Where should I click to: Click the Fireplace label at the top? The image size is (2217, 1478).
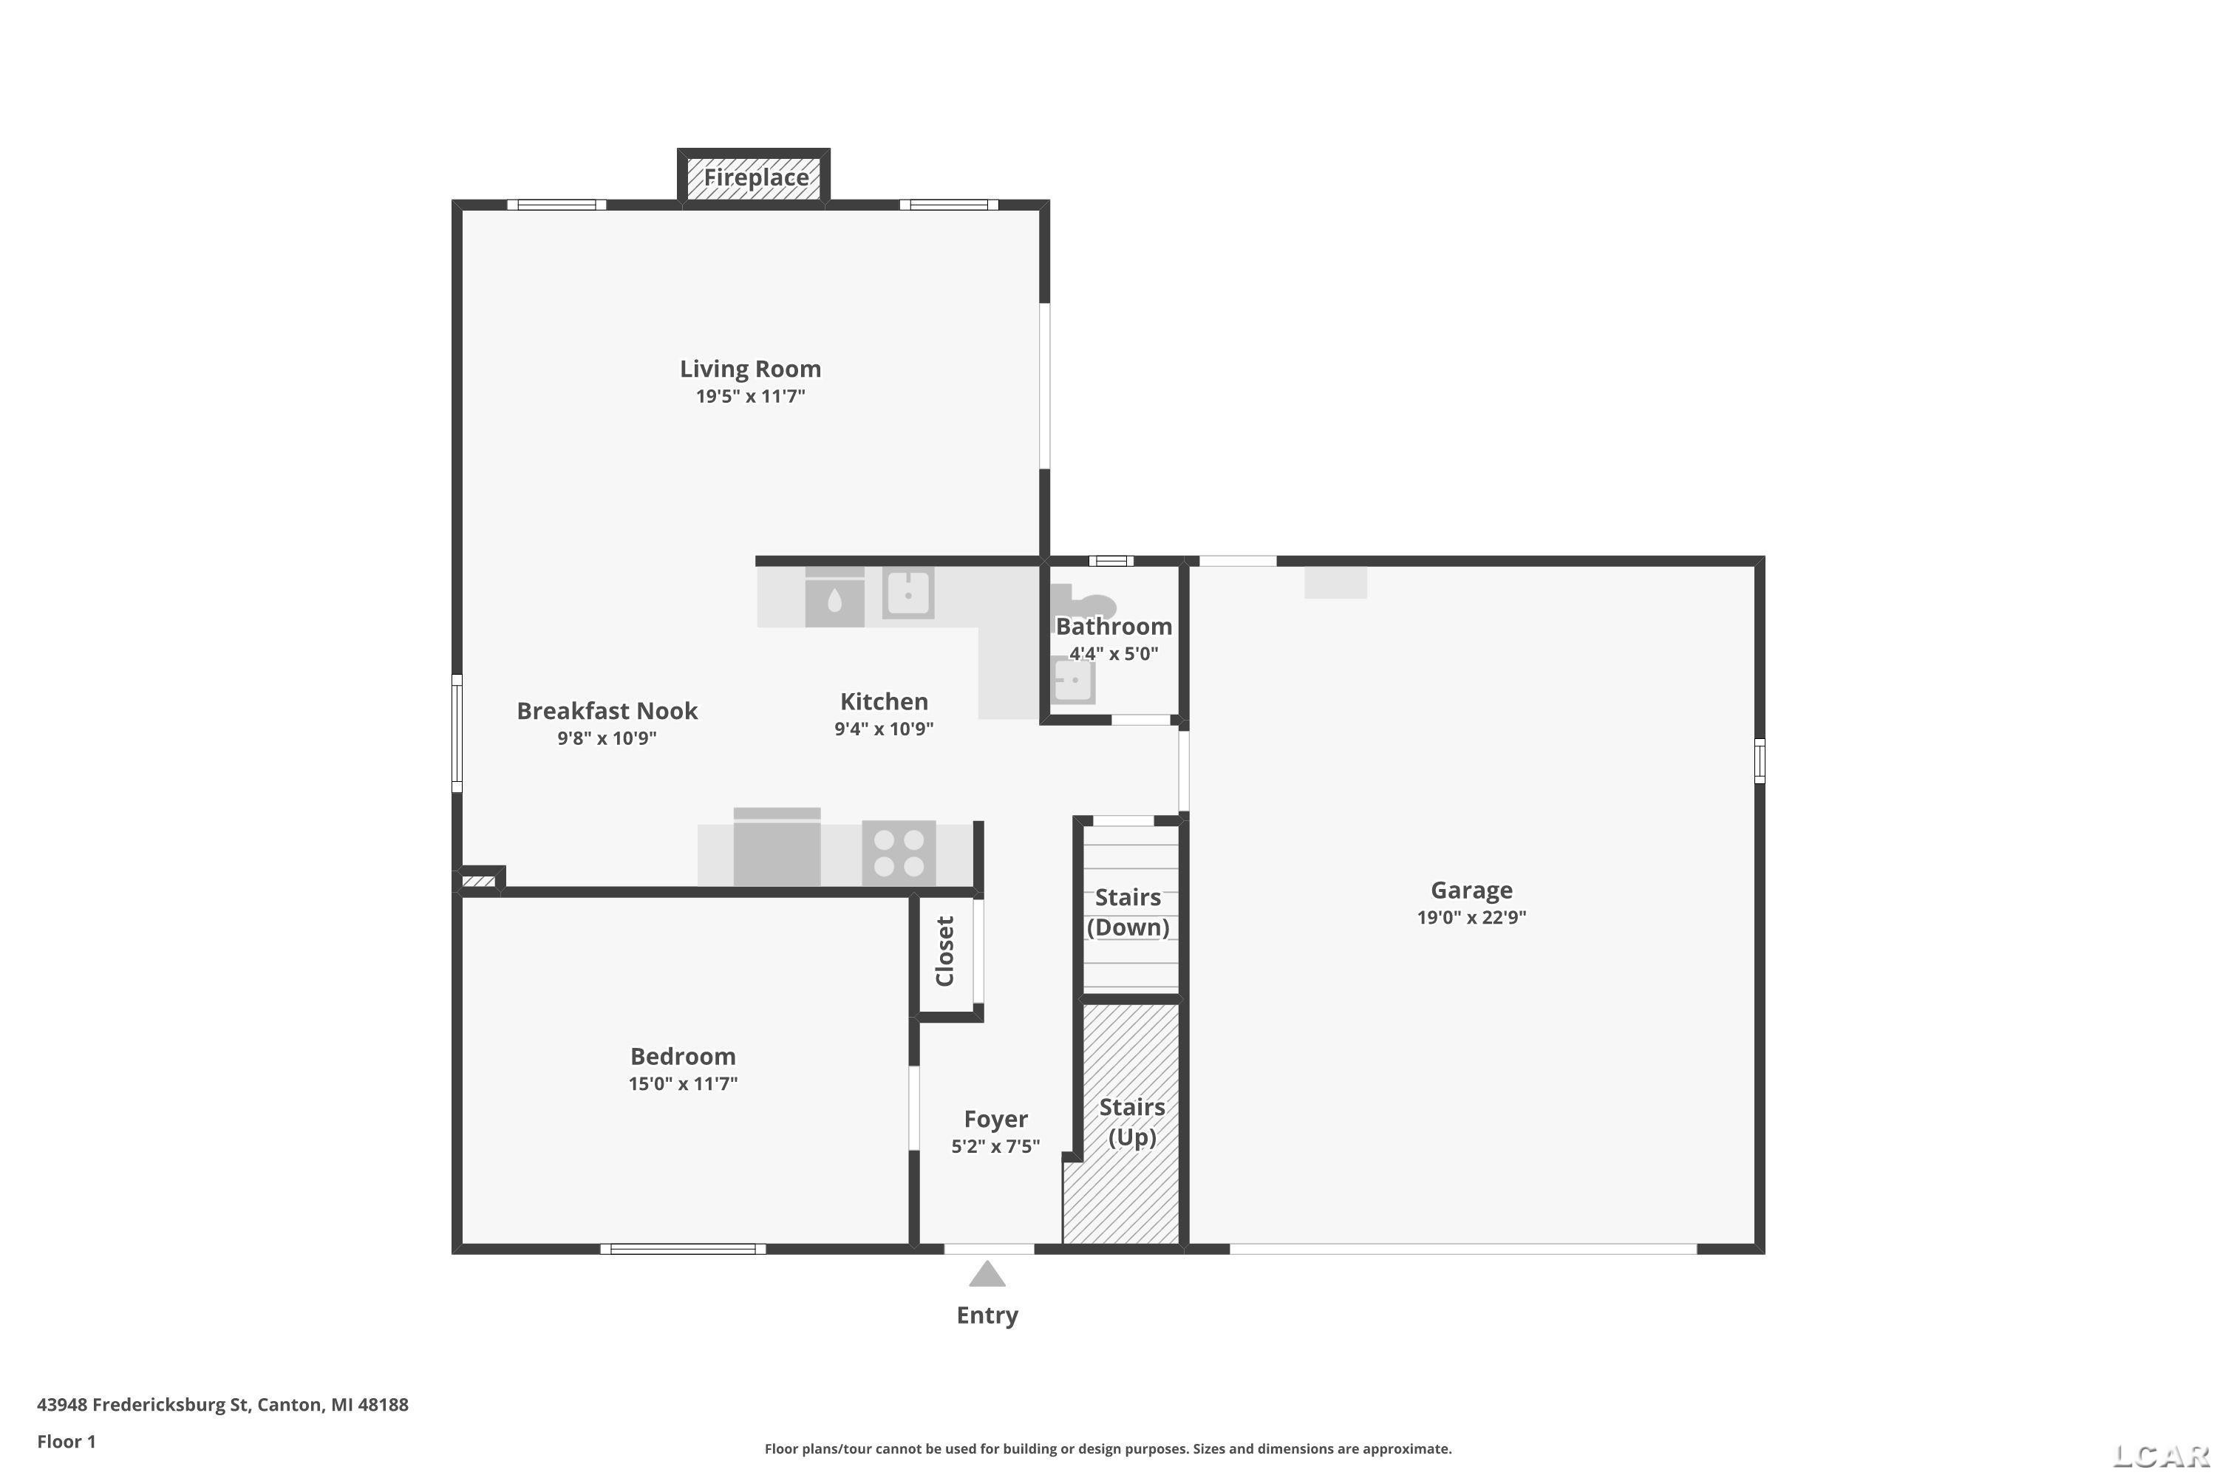[x=756, y=177]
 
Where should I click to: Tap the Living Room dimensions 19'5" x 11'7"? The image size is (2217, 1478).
[x=750, y=396]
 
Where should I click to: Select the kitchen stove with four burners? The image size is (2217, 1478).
[x=899, y=853]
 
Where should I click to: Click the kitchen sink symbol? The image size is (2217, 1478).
[x=907, y=593]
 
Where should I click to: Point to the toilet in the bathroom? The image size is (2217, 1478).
[x=1082, y=603]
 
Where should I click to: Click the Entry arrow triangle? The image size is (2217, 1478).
[x=987, y=1273]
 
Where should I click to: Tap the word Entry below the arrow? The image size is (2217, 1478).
[x=987, y=1315]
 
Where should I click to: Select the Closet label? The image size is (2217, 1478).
[x=945, y=951]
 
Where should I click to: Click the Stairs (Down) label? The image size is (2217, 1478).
[x=1128, y=911]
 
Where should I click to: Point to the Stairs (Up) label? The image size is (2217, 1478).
[x=1132, y=1122]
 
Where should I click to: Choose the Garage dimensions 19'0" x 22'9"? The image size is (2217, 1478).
[x=1471, y=917]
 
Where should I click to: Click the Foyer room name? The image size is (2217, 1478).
[x=995, y=1119]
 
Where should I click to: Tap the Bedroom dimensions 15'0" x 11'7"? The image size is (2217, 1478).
[x=684, y=1083]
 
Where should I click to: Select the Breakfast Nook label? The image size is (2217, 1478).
[x=607, y=711]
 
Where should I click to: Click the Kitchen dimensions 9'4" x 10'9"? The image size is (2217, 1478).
[x=884, y=729]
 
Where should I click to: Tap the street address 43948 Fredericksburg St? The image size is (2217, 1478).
[x=143, y=1405]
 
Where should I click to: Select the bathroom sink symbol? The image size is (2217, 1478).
[x=1073, y=681]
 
